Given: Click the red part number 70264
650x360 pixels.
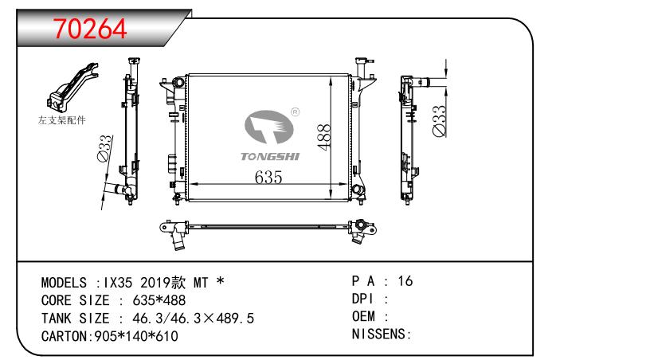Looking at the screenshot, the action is coord(89,29).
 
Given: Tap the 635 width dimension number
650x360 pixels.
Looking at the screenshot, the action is coord(268,178).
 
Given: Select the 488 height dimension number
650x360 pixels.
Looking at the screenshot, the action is coord(323,137).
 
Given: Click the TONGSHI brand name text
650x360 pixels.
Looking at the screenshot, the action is coord(270,157).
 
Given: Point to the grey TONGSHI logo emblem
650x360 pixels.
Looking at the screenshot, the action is coord(268,127).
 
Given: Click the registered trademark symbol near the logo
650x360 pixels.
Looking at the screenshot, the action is coord(295,112).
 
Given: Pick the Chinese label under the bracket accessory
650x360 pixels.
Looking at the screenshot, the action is coord(62,120).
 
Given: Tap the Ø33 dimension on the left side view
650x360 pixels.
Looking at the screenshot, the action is coord(104,148).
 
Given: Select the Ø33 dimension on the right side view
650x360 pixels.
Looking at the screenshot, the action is coord(439,121).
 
